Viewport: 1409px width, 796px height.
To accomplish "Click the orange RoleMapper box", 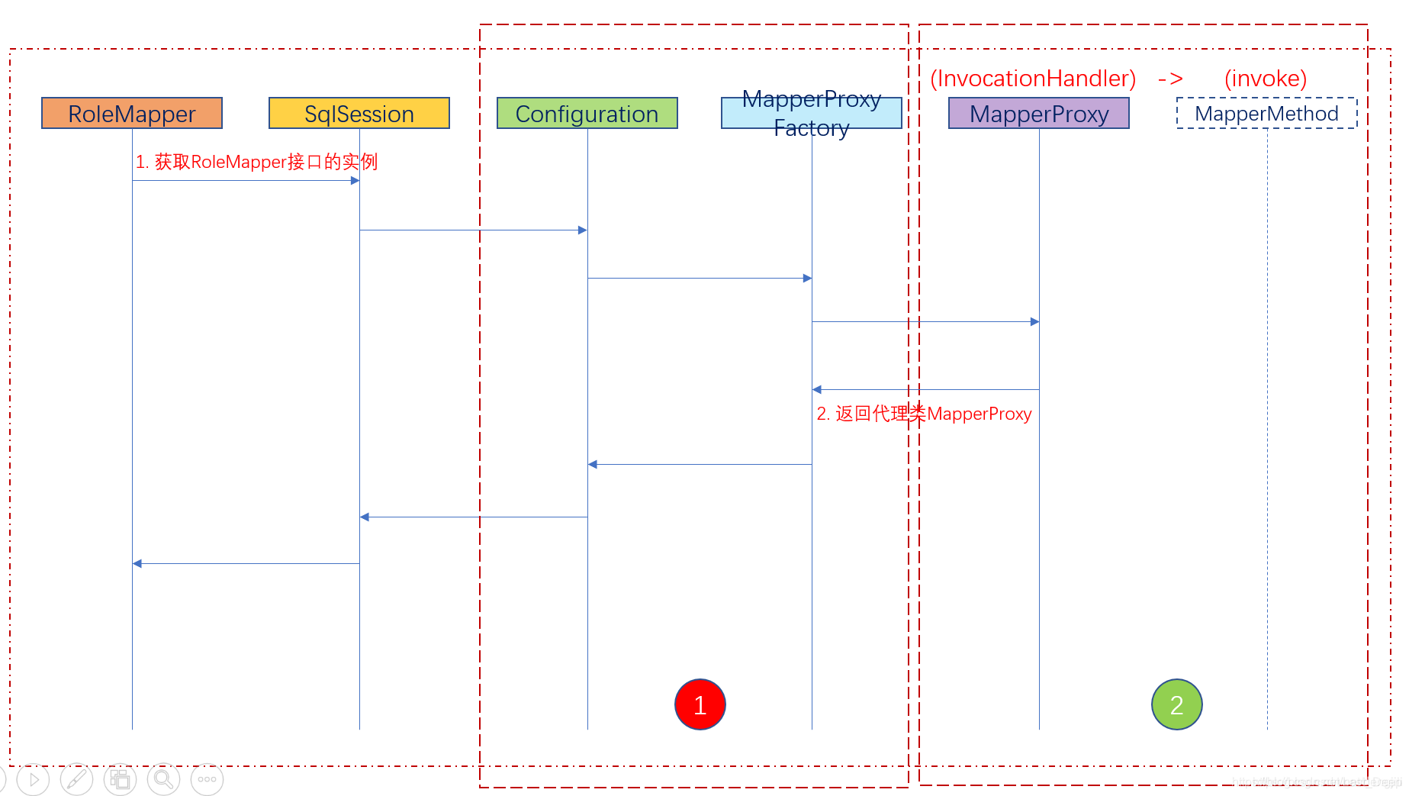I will pyautogui.click(x=132, y=113).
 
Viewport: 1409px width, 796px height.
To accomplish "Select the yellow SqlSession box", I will pyautogui.click(x=359, y=113).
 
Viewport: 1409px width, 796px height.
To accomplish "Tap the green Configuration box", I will pyautogui.click(x=587, y=113).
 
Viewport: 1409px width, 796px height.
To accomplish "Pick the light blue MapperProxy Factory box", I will pyautogui.click(x=811, y=113).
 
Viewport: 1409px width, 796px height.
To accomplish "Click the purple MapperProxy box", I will pyautogui.click(x=1038, y=113).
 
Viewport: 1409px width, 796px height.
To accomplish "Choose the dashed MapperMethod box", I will pyautogui.click(x=1266, y=113).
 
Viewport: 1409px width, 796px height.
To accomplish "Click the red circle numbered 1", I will pyautogui.click(x=700, y=704).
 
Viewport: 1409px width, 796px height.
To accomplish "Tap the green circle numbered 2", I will pyautogui.click(x=1176, y=704).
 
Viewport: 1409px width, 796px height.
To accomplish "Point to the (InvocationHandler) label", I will pyautogui.click(x=1033, y=78).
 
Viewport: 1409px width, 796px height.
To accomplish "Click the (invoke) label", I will pyautogui.click(x=1265, y=78).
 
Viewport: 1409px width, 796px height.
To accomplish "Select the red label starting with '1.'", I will pyautogui.click(x=256, y=162).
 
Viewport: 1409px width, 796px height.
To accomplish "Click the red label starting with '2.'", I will pyautogui.click(x=924, y=414).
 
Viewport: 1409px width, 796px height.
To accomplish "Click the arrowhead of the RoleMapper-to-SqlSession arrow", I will pyautogui.click(x=355, y=181).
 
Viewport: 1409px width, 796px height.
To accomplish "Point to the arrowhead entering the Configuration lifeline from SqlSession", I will pyautogui.click(x=582, y=230).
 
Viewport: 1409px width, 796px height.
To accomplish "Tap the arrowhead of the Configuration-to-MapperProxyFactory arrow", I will pyautogui.click(x=807, y=279).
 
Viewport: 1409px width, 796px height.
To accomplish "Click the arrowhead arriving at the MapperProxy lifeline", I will pyautogui.click(x=1034, y=322).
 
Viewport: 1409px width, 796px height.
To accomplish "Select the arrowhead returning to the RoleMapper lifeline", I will pyautogui.click(x=137, y=564).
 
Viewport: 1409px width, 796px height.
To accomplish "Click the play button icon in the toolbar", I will pyautogui.click(x=33, y=779).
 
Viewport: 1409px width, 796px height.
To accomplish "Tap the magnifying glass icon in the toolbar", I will pyautogui.click(x=163, y=779).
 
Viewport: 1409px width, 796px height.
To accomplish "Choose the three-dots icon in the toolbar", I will pyautogui.click(x=207, y=779).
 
